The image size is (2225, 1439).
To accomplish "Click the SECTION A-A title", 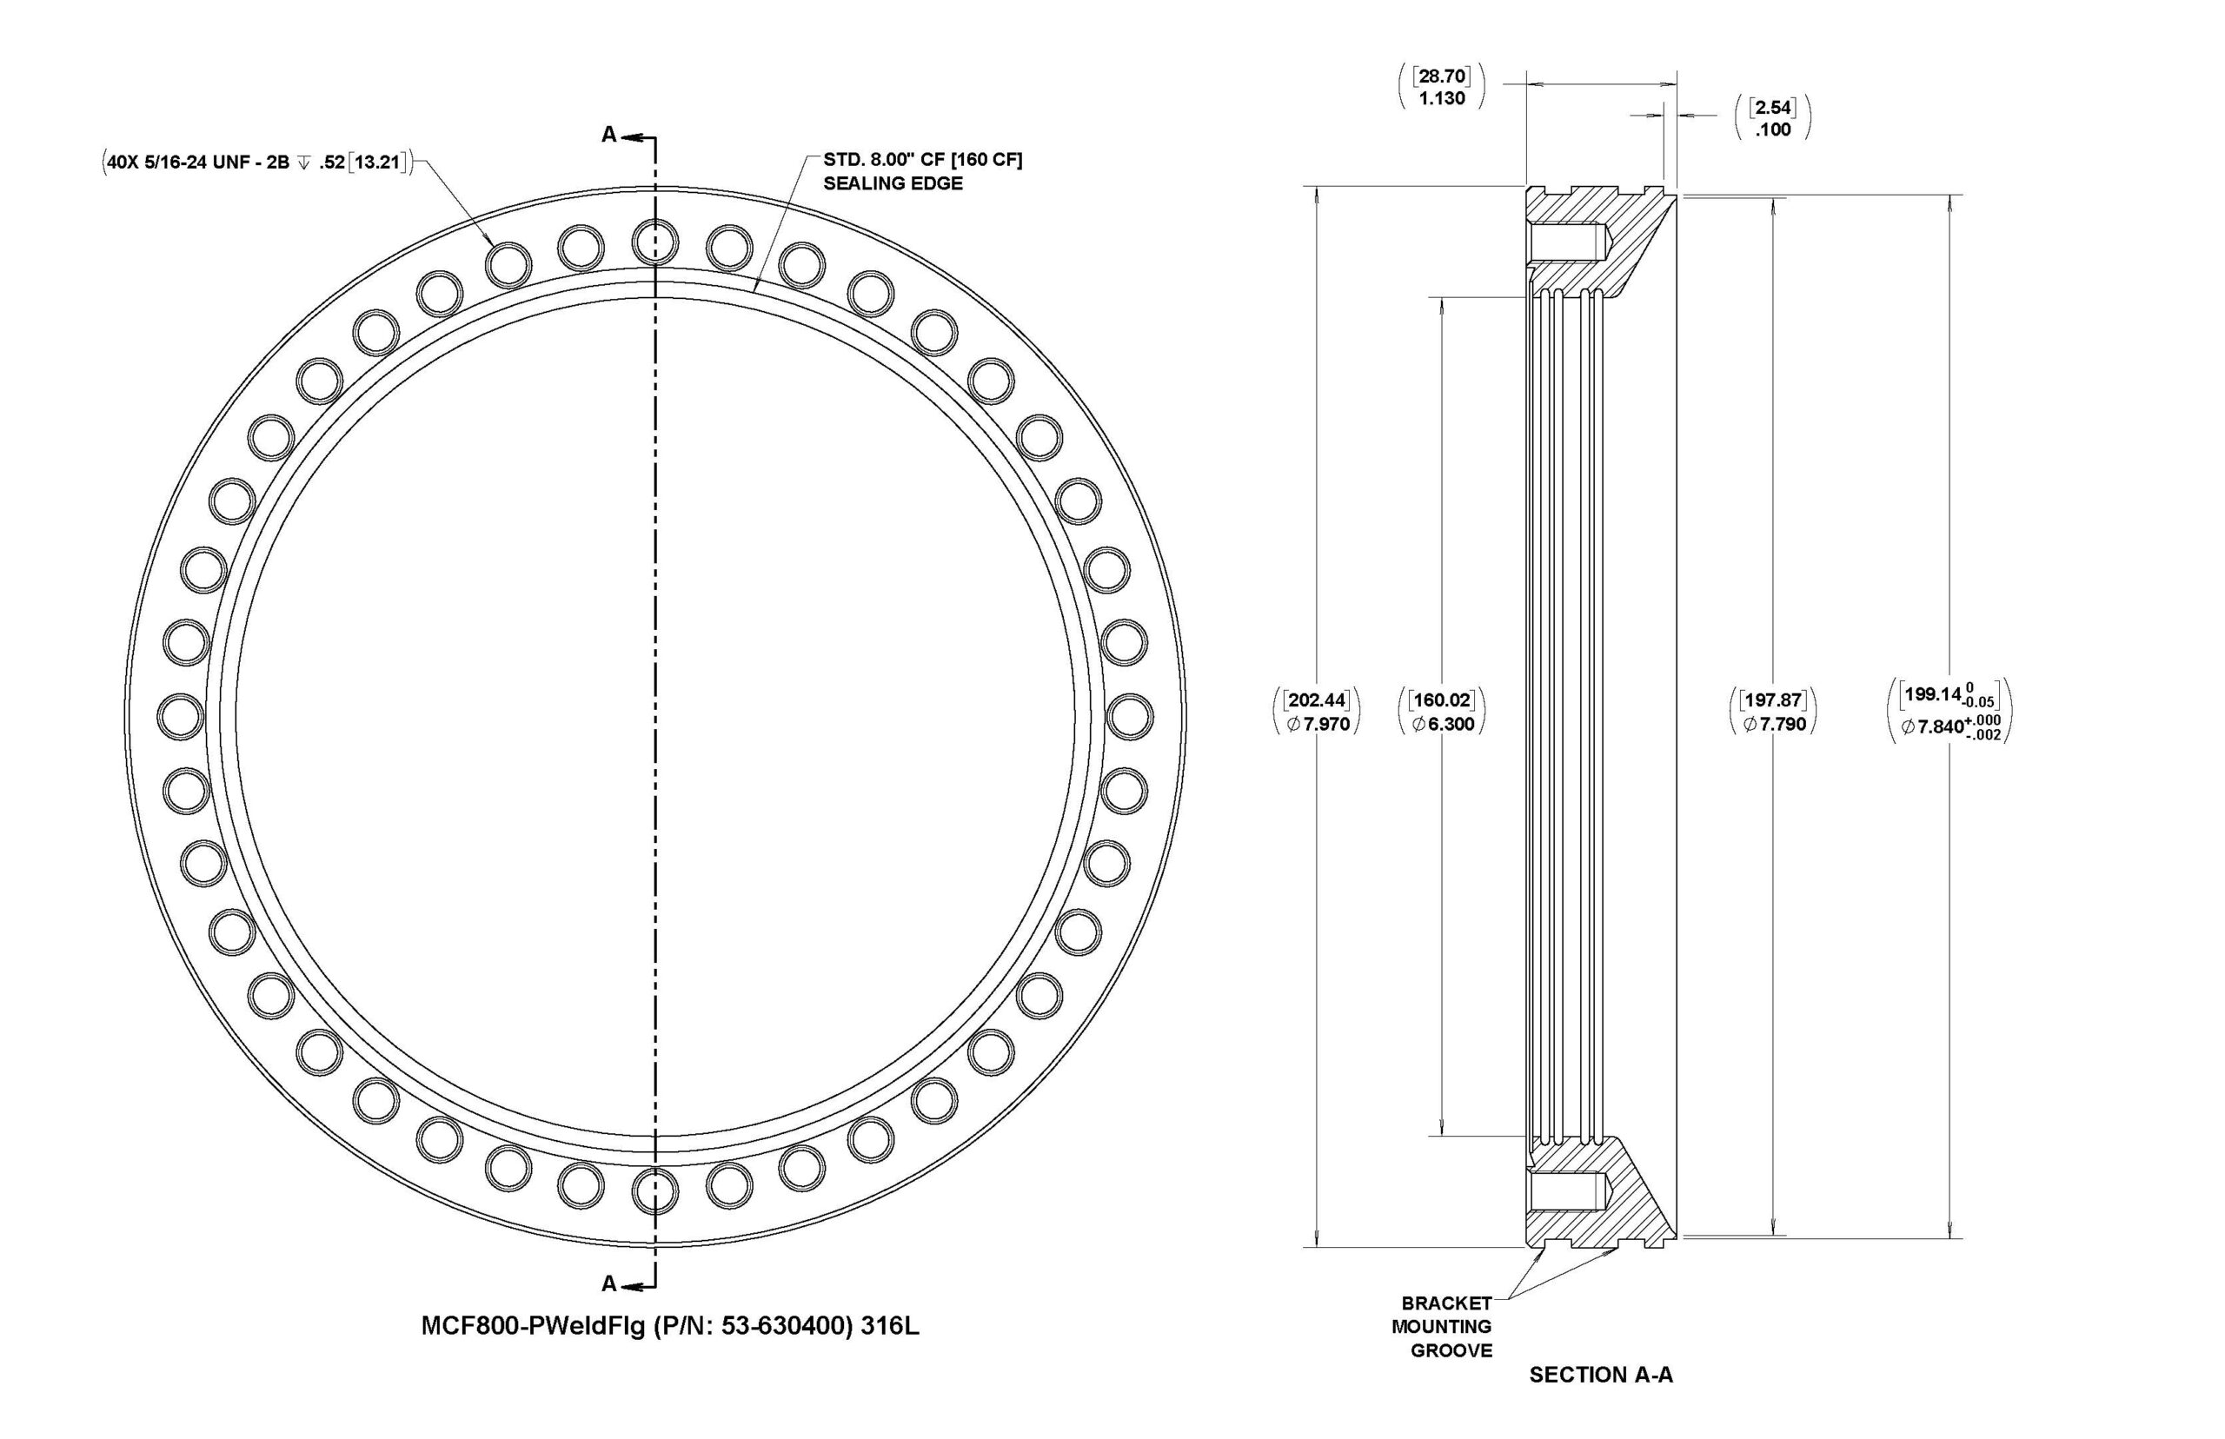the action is click(1601, 1375).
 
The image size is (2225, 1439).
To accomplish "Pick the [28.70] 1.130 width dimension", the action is click(1441, 87).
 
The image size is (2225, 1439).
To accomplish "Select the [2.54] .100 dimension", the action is click(1773, 117).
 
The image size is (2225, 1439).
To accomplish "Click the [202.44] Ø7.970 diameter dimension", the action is click(1318, 711).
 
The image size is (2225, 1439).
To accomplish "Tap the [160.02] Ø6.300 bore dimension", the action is click(1442, 711).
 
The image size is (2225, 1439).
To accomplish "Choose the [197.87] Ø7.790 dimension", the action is click(1773, 711).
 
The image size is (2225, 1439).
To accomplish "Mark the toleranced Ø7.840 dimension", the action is click(1949, 711).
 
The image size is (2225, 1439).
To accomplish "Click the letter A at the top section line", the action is click(609, 136).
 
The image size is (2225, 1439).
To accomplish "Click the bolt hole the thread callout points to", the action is click(508, 263).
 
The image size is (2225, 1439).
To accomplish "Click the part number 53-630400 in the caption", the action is click(786, 1327).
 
